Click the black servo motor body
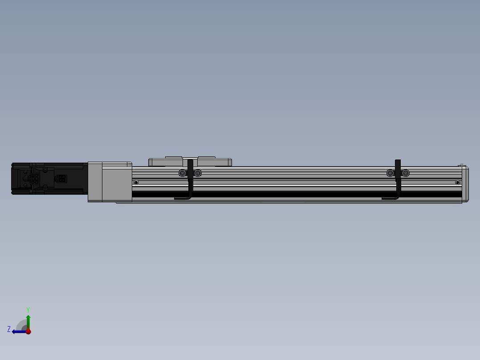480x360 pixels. [71, 179]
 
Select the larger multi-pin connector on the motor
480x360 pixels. [34, 179]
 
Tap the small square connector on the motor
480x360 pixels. [61, 179]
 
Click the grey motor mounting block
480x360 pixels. [110, 182]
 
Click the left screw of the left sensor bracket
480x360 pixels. [182, 173]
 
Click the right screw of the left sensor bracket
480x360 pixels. [198, 173]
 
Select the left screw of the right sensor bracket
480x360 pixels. [391, 173]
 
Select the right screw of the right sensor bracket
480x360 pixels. [406, 173]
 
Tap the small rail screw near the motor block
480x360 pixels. [136, 182]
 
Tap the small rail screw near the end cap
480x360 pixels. [457, 182]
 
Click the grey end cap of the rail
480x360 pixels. [464, 184]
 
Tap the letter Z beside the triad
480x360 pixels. [9, 329]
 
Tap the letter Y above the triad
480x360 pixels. [28, 309]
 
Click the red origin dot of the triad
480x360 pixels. [28, 331]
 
